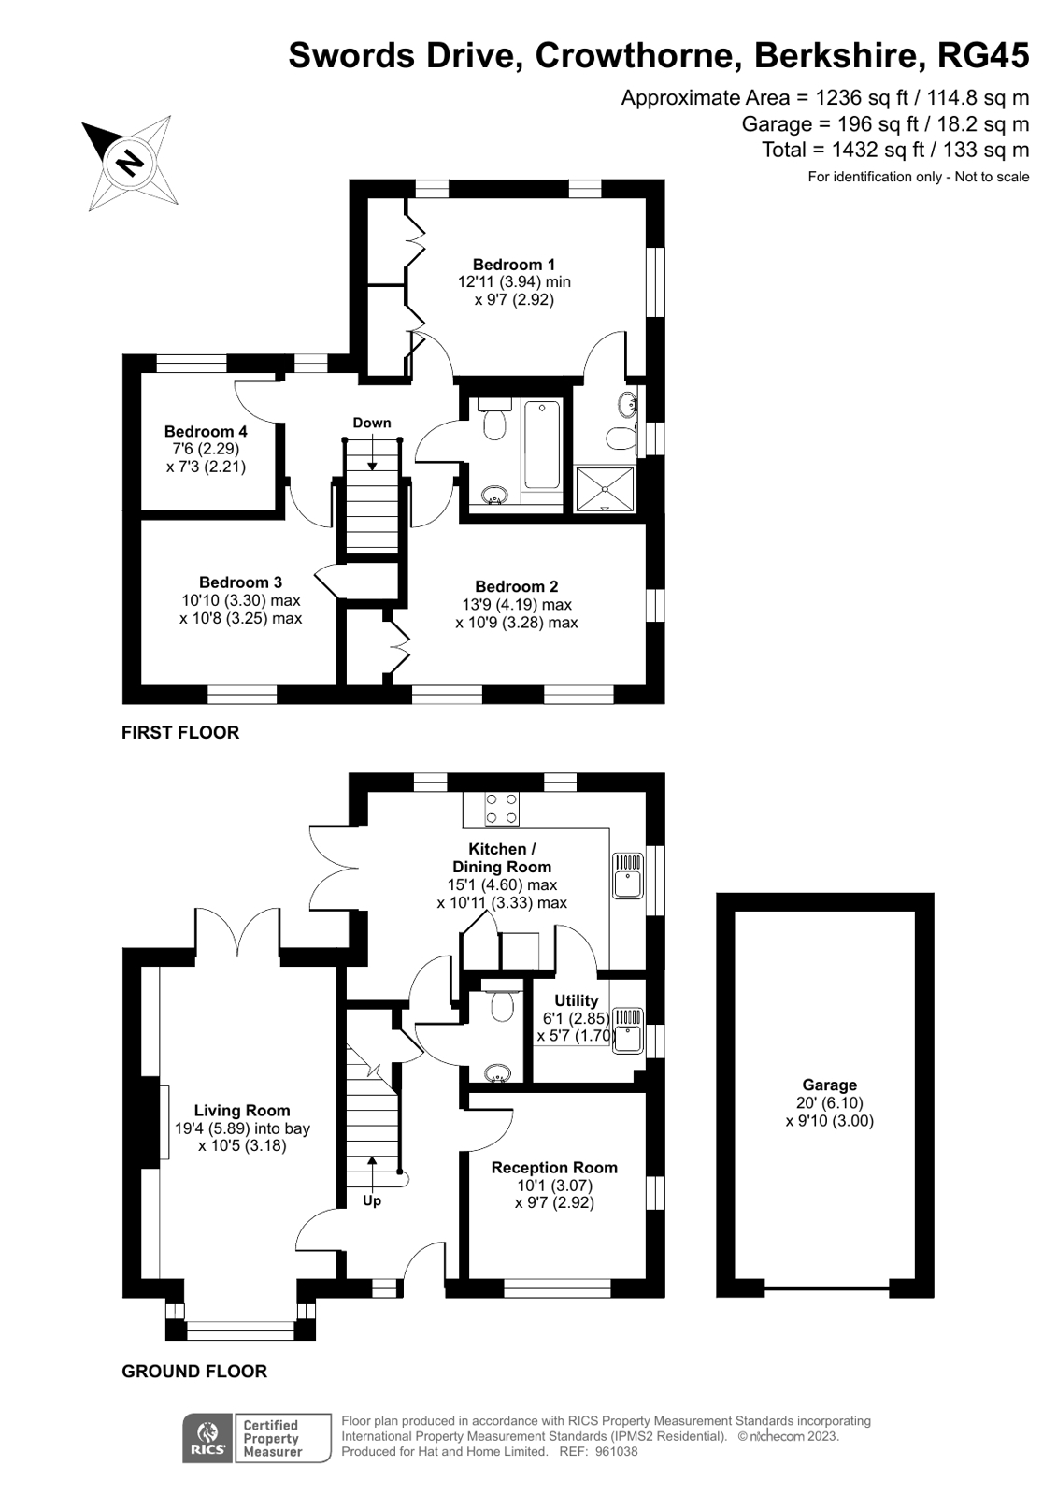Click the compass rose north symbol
(x=130, y=161)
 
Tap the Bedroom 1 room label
(x=513, y=265)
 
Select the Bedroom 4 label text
(x=206, y=431)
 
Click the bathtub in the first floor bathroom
(x=542, y=445)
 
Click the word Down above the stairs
(x=372, y=423)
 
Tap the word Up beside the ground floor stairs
(x=372, y=1200)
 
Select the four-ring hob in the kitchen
(x=502, y=810)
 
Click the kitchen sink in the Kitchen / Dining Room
(x=627, y=875)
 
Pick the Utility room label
(x=576, y=1000)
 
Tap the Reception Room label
(x=554, y=1167)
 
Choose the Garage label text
(x=829, y=1085)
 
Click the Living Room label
(x=242, y=1111)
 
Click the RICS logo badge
(x=207, y=1438)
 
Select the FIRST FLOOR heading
(x=180, y=733)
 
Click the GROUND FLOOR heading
(x=194, y=1372)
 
